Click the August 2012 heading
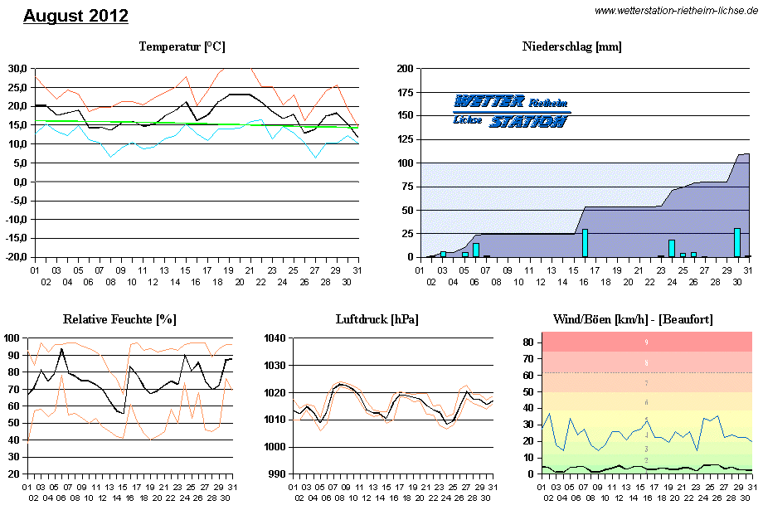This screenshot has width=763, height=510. coord(75,16)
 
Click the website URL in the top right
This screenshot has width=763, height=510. coord(676,10)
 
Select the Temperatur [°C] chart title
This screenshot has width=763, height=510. coord(182,46)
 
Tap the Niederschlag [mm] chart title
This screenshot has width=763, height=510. coord(572,46)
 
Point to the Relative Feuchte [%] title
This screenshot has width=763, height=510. coord(119,318)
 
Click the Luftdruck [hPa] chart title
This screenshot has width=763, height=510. coord(377,318)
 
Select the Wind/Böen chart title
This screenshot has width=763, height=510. coord(633,318)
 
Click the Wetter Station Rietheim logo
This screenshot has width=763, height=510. coord(511,111)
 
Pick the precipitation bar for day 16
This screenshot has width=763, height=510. coord(585,243)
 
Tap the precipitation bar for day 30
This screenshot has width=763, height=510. coord(736,242)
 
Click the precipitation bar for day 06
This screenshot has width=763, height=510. coord(476,250)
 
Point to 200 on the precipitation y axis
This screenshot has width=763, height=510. coord(405,69)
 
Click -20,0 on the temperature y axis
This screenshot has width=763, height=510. coord(16,257)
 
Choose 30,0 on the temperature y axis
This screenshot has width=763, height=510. coord(17,68)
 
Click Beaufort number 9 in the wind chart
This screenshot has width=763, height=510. coord(646,342)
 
